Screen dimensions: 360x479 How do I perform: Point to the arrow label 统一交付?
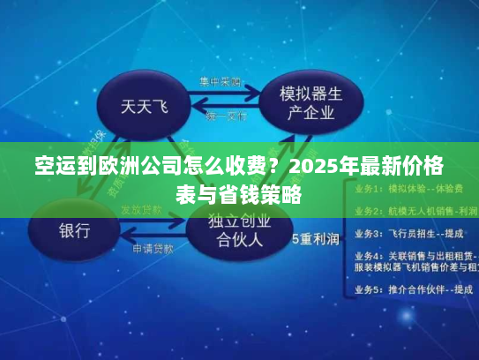click(226, 116)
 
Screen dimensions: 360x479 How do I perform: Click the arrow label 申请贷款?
click(154, 249)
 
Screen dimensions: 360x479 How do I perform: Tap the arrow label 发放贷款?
click(141, 210)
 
